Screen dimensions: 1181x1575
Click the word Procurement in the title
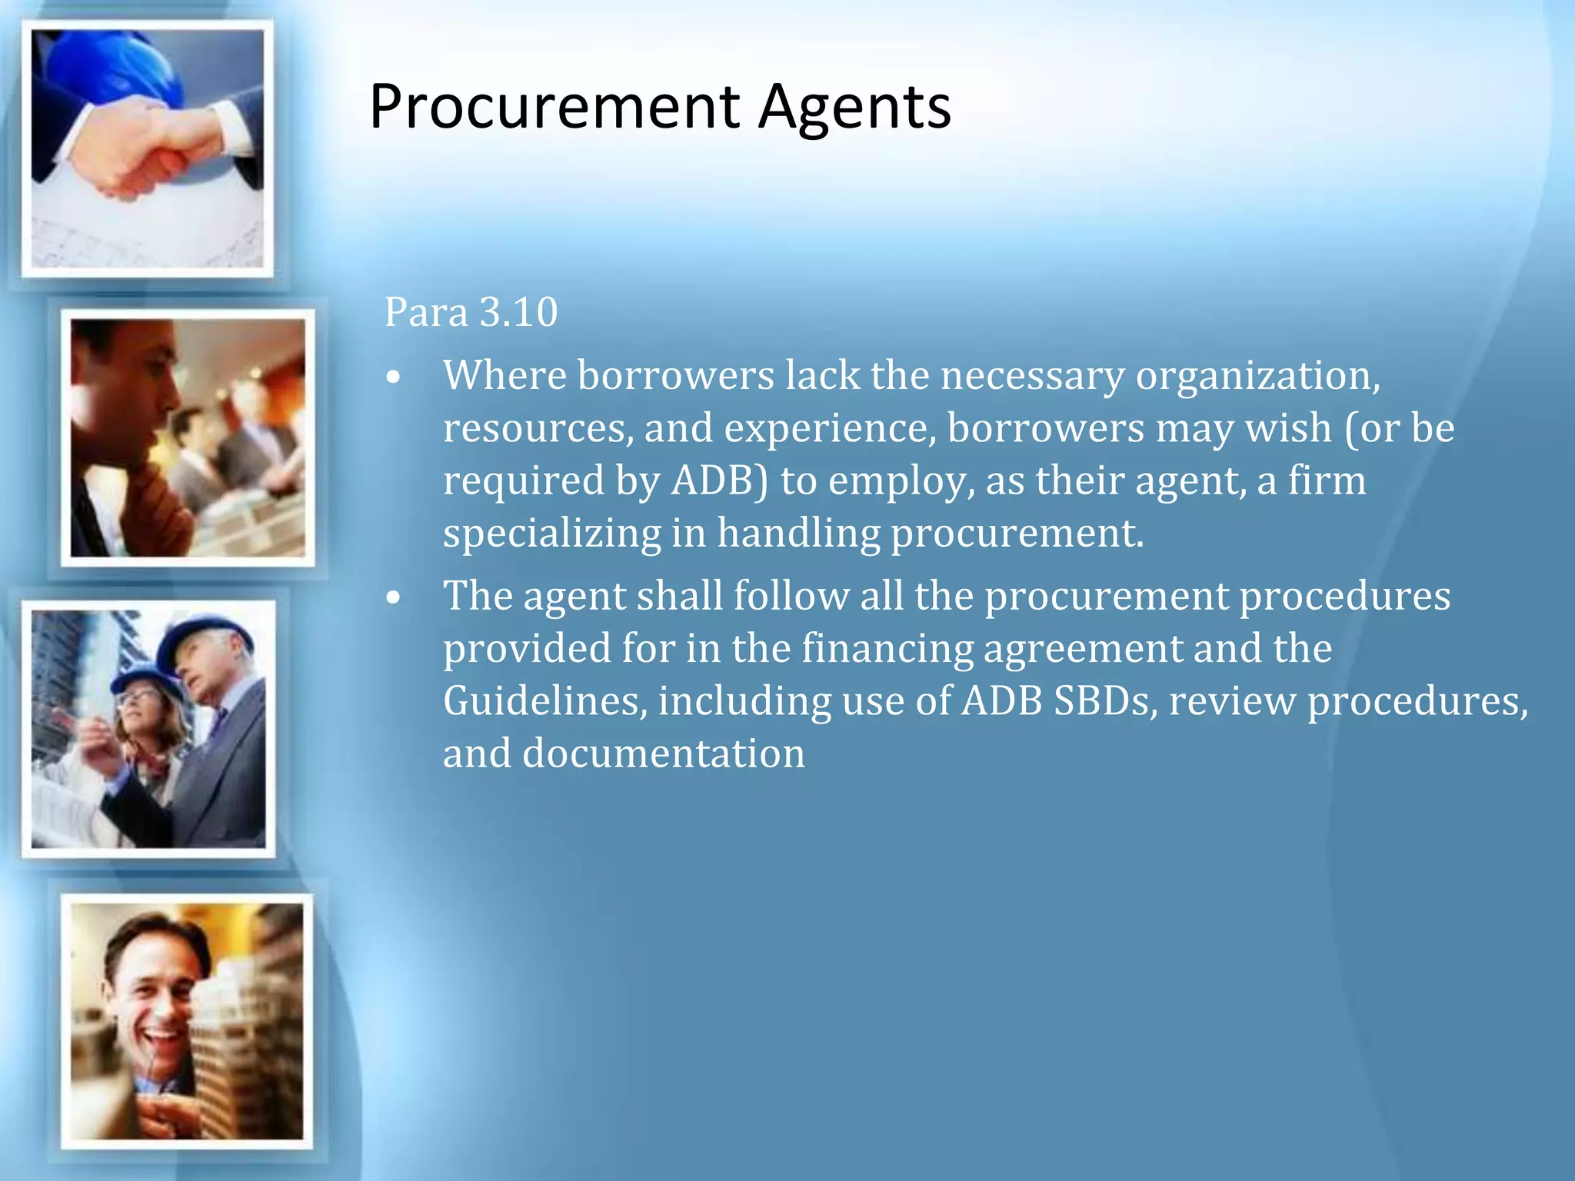(x=554, y=108)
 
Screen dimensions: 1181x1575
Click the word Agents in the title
(x=855, y=108)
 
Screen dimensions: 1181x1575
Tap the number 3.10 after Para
(x=518, y=312)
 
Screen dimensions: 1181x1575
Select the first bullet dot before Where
(x=394, y=378)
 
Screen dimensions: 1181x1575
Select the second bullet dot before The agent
(x=394, y=598)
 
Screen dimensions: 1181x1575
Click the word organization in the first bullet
(x=1257, y=377)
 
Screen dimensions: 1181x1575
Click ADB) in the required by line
(x=720, y=481)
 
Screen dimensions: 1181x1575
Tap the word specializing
(x=551, y=534)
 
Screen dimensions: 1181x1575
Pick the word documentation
(x=664, y=754)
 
